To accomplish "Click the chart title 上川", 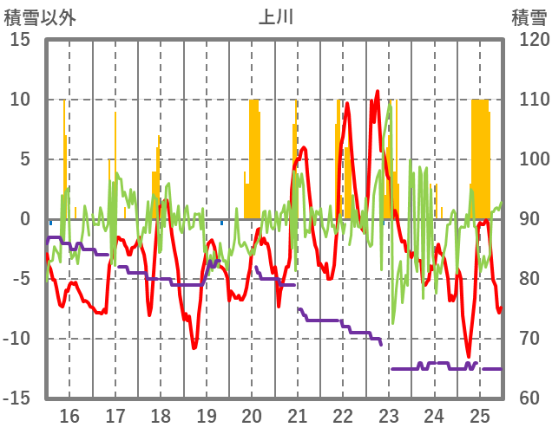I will point(276,16).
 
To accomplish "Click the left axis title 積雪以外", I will point(38,16).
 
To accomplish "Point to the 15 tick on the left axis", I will point(20,40).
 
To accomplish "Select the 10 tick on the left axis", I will point(20,100).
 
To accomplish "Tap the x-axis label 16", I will point(69,415).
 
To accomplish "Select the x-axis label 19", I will point(207,415).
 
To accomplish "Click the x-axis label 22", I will point(343,415).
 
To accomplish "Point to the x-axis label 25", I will point(480,415).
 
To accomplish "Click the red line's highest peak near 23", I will point(378,91).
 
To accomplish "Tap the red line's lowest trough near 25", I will point(469,356).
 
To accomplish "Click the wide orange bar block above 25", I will point(480,156).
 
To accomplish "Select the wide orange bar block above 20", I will point(253,156).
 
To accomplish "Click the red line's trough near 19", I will point(194,347).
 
